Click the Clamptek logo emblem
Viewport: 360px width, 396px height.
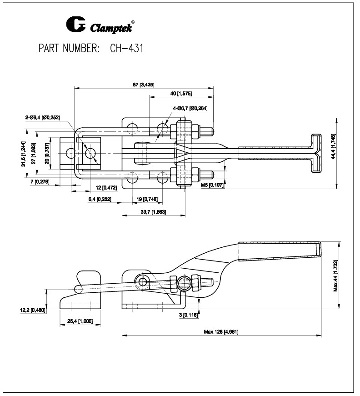pos(75,25)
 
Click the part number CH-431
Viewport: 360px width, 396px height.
pos(126,49)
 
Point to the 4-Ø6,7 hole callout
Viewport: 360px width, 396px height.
pos(190,108)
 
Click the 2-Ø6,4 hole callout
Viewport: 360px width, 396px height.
pos(42,118)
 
